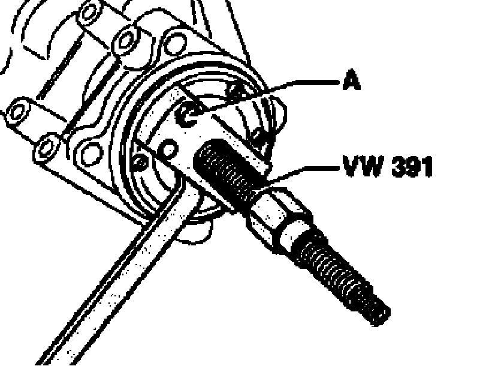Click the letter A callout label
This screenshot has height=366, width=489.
point(352,81)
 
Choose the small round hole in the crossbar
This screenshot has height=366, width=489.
point(170,148)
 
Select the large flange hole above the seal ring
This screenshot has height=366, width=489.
point(174,42)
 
